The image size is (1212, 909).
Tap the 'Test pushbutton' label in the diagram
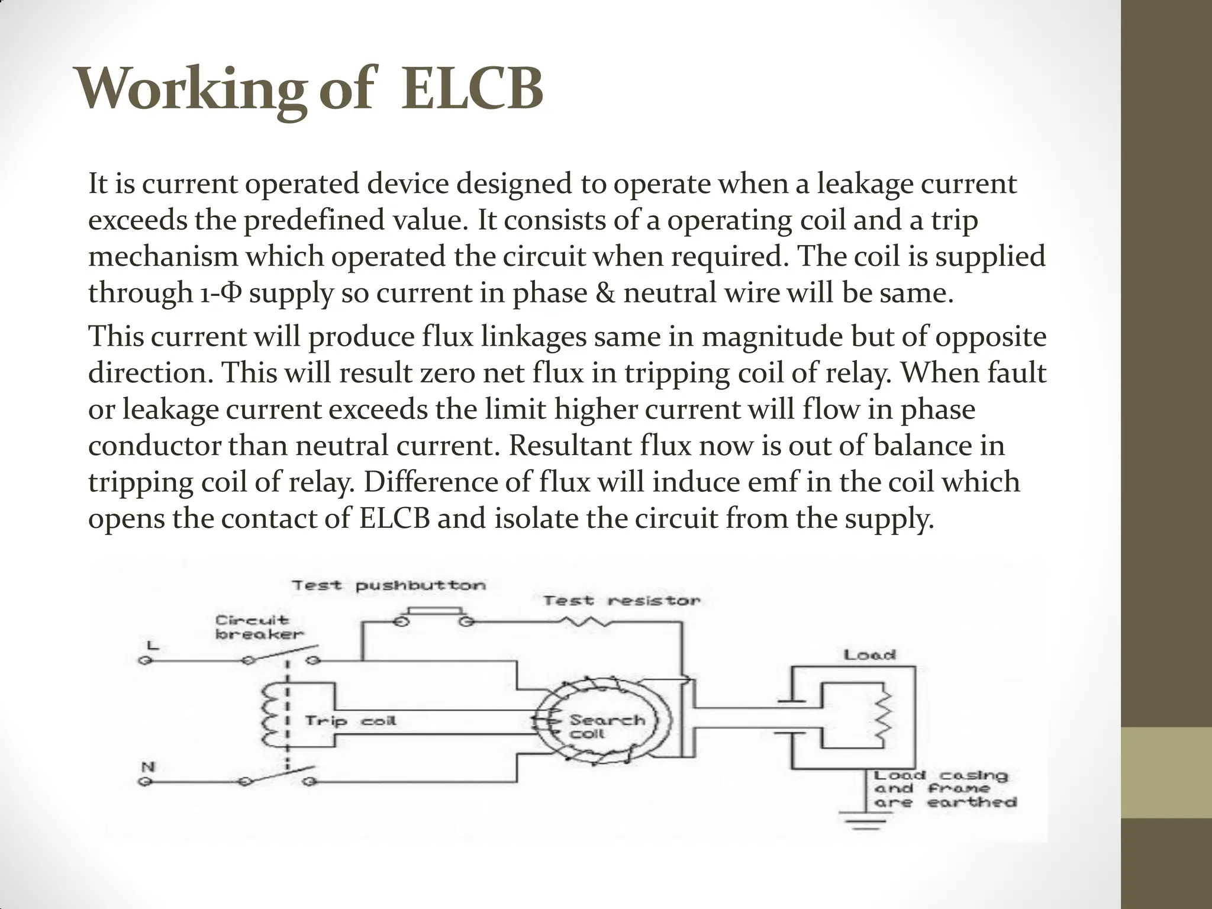pyautogui.click(x=389, y=585)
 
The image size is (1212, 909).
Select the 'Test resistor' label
pyautogui.click(x=621, y=601)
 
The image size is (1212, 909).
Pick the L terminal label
pyautogui.click(x=151, y=645)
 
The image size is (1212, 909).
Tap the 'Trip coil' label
pyautogui.click(x=350, y=721)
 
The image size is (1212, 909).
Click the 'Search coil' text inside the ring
pyautogui.click(x=605, y=727)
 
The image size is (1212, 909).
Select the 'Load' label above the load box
pyautogui.click(x=869, y=655)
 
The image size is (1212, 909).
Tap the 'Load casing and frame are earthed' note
pyautogui.click(x=945, y=789)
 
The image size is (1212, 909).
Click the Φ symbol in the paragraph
pyautogui.click(x=231, y=294)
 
